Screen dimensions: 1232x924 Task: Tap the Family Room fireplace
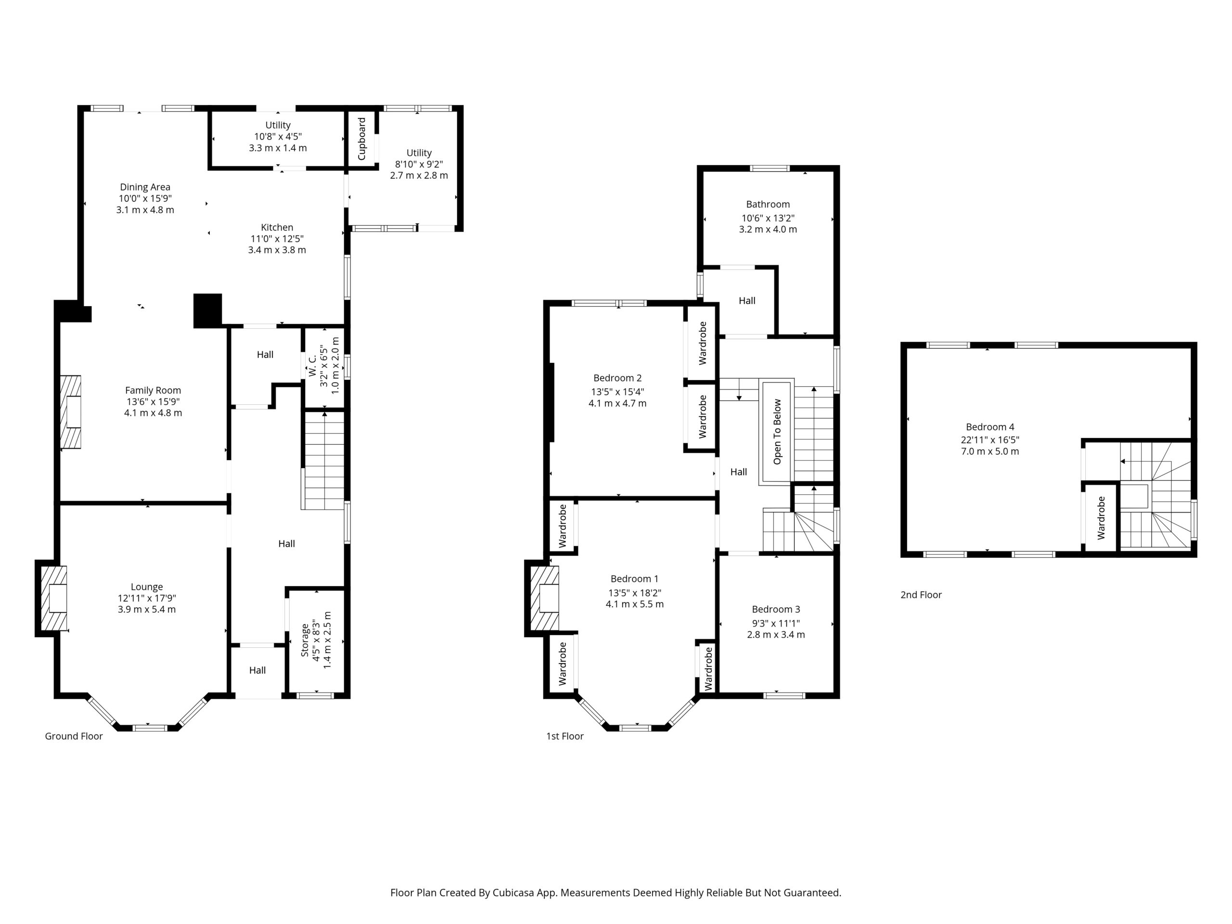tap(71, 411)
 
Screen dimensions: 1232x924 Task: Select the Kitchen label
tap(277, 227)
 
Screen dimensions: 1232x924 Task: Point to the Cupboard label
tap(361, 139)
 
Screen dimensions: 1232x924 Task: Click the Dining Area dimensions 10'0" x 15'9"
tap(145, 198)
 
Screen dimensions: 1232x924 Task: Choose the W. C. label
tap(312, 365)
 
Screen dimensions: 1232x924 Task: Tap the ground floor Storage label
tap(305, 640)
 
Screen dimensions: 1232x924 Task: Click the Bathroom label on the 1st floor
tap(768, 205)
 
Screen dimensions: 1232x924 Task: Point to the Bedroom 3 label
tap(776, 609)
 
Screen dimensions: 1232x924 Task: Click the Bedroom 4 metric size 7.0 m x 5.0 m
tap(990, 451)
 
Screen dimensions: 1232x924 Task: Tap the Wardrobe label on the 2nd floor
tap(1101, 518)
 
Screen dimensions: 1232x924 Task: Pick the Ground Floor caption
tap(74, 736)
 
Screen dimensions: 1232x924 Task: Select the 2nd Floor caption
tap(921, 594)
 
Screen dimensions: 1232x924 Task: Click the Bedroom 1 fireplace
tap(545, 598)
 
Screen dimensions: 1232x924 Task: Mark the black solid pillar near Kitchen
tap(208, 310)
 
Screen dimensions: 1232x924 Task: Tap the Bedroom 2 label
tap(617, 378)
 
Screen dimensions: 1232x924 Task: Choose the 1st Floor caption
tap(565, 736)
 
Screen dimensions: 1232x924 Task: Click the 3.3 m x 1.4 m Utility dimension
tap(278, 148)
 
